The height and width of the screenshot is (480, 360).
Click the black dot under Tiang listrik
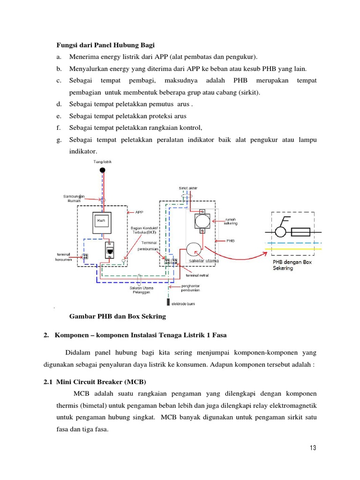[x=102, y=170]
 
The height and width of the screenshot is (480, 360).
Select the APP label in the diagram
[x=139, y=212]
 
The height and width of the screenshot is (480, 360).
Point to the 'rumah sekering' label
[x=231, y=221]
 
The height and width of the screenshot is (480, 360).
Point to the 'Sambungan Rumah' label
[x=74, y=198]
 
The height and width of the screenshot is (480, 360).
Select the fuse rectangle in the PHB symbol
[x=300, y=232]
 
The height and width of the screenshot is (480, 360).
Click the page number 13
[x=313, y=448]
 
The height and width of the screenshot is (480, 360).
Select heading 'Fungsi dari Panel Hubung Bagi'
[x=105, y=45]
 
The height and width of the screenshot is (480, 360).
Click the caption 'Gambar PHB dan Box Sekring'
[x=118, y=316]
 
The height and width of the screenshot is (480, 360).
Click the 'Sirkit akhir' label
[x=188, y=188]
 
